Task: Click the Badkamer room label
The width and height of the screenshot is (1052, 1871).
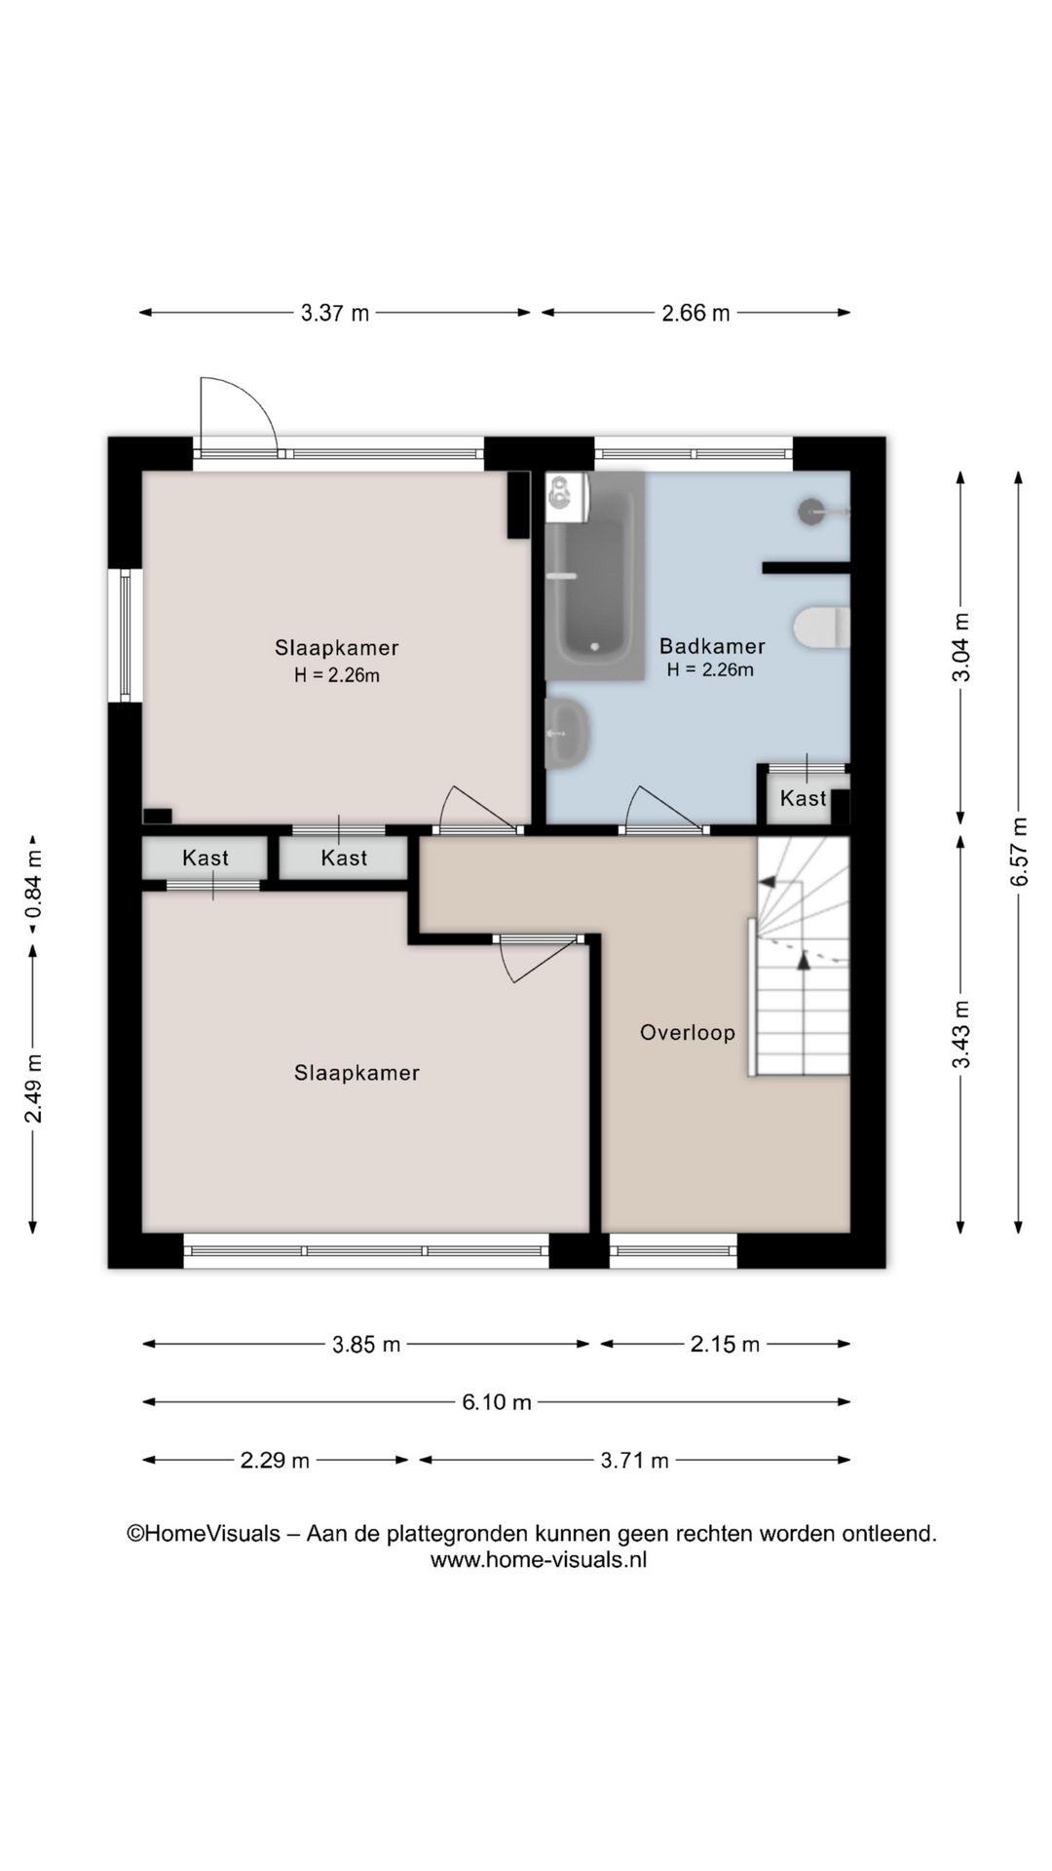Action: point(712,646)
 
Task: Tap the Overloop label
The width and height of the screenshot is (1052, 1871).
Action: point(688,1033)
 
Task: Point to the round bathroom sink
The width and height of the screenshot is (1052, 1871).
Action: point(566,733)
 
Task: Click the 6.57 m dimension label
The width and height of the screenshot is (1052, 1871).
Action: point(1019,851)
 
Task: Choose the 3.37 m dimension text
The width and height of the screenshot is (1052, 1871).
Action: point(335,313)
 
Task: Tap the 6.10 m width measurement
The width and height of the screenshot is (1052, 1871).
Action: point(497,1402)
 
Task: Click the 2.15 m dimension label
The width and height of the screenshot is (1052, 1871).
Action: point(725,1345)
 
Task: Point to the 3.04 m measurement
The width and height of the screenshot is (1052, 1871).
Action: point(961,648)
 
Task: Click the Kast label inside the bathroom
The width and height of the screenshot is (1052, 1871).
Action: point(804,798)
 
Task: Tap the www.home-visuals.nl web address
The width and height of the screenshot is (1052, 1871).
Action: point(539,1559)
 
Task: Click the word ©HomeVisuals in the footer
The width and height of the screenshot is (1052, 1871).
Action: point(204,1534)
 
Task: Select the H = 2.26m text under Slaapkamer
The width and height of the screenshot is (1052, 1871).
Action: point(337,675)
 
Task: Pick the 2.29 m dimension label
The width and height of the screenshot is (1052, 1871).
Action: point(275,1461)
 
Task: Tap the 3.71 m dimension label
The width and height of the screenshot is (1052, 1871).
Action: point(635,1461)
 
